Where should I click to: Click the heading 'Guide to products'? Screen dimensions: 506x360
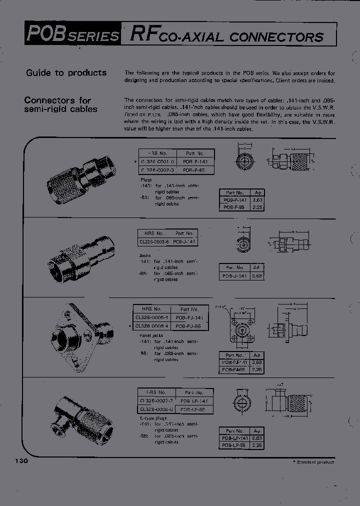[66, 73]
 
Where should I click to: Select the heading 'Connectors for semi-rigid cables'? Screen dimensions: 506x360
[61, 104]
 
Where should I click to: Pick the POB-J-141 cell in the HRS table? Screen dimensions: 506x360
[183, 241]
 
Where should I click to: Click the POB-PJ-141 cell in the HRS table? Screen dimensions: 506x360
[188, 317]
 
